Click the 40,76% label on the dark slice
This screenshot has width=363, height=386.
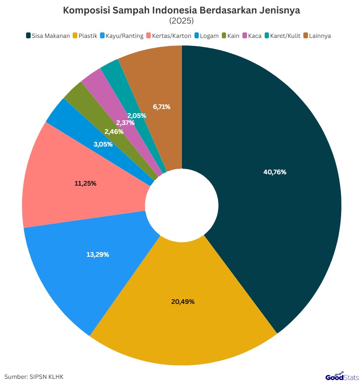pyautogui.click(x=275, y=172)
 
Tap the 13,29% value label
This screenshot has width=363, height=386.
pyautogui.click(x=97, y=254)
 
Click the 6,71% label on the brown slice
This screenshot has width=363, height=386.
pyautogui.click(x=162, y=107)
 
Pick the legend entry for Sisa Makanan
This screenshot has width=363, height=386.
pyautogui.click(x=48, y=36)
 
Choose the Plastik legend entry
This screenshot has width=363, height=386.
pyautogui.click(x=85, y=36)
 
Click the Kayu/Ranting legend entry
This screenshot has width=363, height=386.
pyautogui.click(x=121, y=36)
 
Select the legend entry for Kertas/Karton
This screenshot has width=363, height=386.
pyautogui.click(x=168, y=36)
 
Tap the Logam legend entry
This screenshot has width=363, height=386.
pyautogui.click(x=206, y=36)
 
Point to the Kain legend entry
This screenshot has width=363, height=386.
pyautogui.click(x=231, y=36)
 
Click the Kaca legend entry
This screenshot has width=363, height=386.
pyautogui.click(x=252, y=36)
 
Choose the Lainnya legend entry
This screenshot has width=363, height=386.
pyautogui.click(x=317, y=36)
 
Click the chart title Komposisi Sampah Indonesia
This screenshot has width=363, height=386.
pyautogui.click(x=181, y=11)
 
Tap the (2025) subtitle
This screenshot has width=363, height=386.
pyautogui.click(x=181, y=21)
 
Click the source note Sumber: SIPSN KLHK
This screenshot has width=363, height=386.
pyautogui.click(x=34, y=377)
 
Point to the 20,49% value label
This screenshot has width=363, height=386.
pyautogui.click(x=183, y=301)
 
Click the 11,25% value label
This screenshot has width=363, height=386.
pyautogui.click(x=85, y=184)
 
